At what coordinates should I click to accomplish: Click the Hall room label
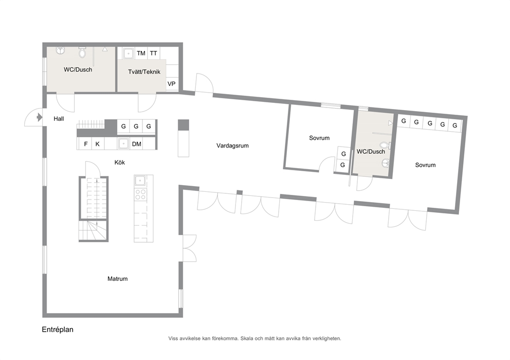point(59,119)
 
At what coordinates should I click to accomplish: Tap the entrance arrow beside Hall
point(39,117)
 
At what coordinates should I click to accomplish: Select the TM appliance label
point(141,53)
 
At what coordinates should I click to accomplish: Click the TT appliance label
point(153,53)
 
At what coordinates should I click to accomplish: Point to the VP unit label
point(171,84)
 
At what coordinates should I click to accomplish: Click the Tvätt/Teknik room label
point(144,72)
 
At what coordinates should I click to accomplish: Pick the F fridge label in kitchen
point(85,144)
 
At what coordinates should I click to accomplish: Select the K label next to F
point(97,144)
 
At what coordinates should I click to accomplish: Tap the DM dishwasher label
point(137,144)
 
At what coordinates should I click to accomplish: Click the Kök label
point(120,163)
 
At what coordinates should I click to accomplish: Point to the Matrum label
point(117,279)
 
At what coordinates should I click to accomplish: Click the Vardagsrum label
point(232,146)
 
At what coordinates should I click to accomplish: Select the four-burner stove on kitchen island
point(140,194)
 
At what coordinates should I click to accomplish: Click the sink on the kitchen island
point(140,181)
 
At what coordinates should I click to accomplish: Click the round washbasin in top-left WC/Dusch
point(60,50)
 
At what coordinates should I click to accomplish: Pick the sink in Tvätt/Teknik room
point(129,53)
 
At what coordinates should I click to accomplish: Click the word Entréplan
point(58,330)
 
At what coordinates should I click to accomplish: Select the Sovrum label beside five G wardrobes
point(425,165)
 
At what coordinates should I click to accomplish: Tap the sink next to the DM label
point(123,143)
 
